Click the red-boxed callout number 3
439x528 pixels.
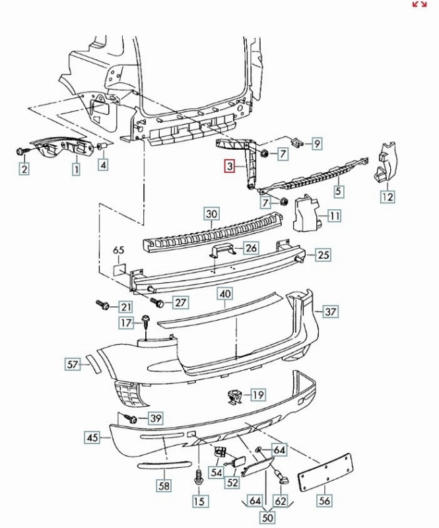(230, 166)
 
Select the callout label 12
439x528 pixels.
(388, 197)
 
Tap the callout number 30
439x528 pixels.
(212, 214)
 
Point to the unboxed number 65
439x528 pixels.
(118, 250)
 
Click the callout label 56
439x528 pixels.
(324, 500)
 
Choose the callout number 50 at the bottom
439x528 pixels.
(267, 517)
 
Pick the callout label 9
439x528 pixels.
(317, 144)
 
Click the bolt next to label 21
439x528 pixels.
(102, 304)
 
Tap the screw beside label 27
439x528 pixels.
(156, 301)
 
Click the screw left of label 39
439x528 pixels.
(131, 418)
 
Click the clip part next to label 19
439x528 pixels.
(235, 396)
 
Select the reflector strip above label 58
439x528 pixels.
(164, 465)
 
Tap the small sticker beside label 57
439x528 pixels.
(92, 364)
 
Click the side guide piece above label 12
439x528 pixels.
(385, 162)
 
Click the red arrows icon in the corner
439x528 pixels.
(419, 4)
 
